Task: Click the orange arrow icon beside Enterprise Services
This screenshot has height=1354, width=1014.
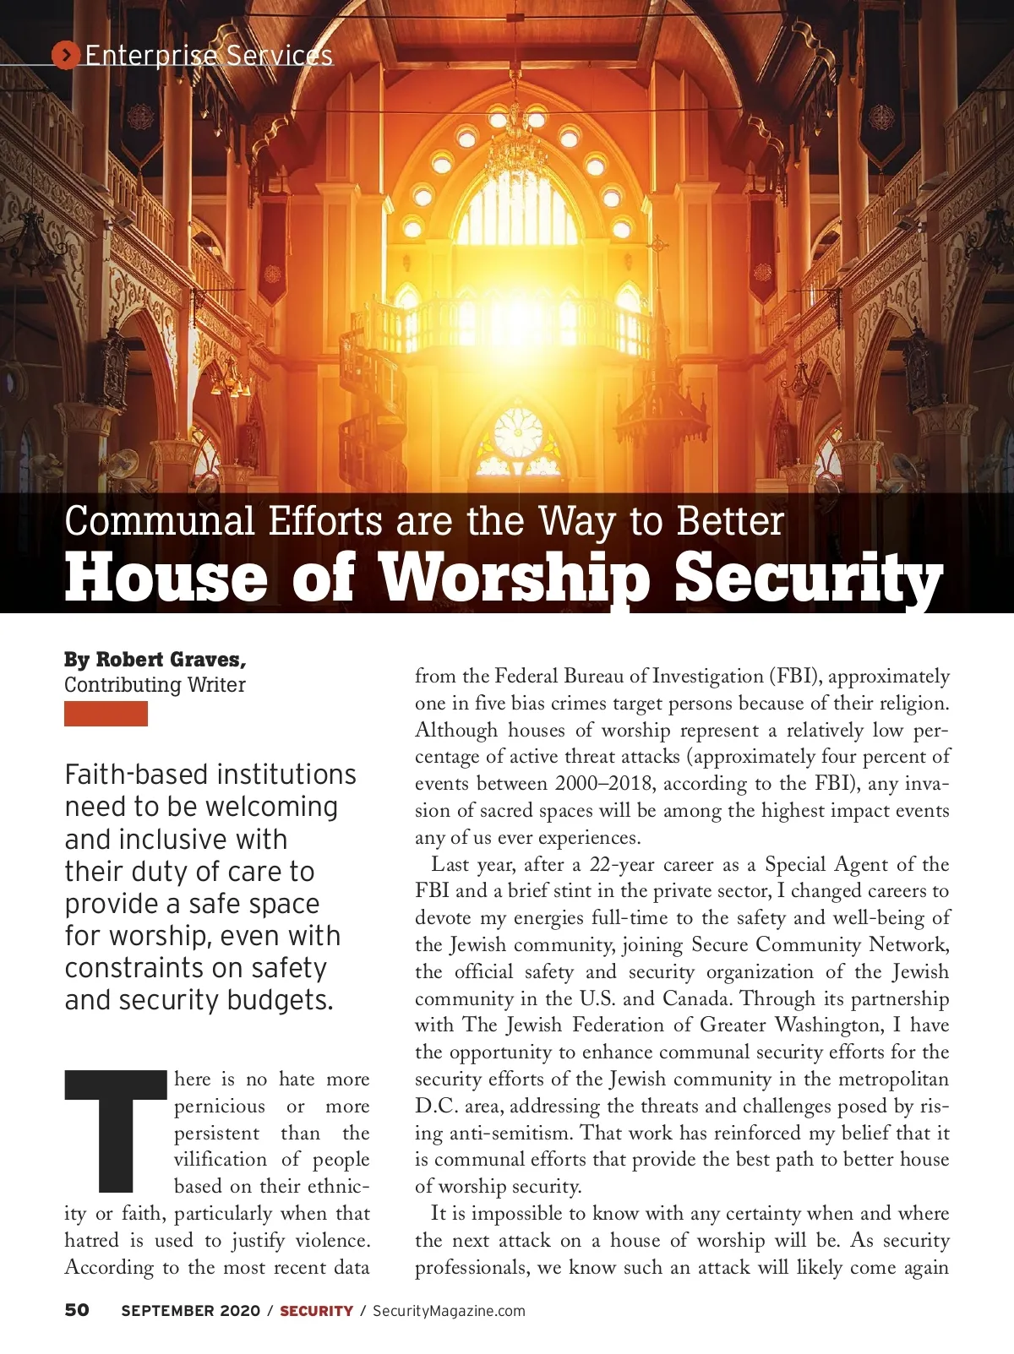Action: [65, 55]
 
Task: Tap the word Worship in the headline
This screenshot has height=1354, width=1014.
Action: [515, 578]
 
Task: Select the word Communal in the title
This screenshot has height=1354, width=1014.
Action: [160, 521]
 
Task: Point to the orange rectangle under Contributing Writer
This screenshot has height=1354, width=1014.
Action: [106, 714]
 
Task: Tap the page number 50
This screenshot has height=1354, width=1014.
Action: [77, 1310]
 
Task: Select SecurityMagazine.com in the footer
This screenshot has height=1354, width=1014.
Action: [449, 1311]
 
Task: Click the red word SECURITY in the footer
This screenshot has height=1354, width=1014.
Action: [316, 1311]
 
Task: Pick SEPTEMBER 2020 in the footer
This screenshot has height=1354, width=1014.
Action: [190, 1311]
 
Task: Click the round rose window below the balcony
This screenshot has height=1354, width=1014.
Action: [518, 432]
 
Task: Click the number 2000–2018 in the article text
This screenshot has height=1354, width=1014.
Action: [603, 784]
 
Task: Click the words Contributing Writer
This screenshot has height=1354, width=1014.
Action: [155, 685]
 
